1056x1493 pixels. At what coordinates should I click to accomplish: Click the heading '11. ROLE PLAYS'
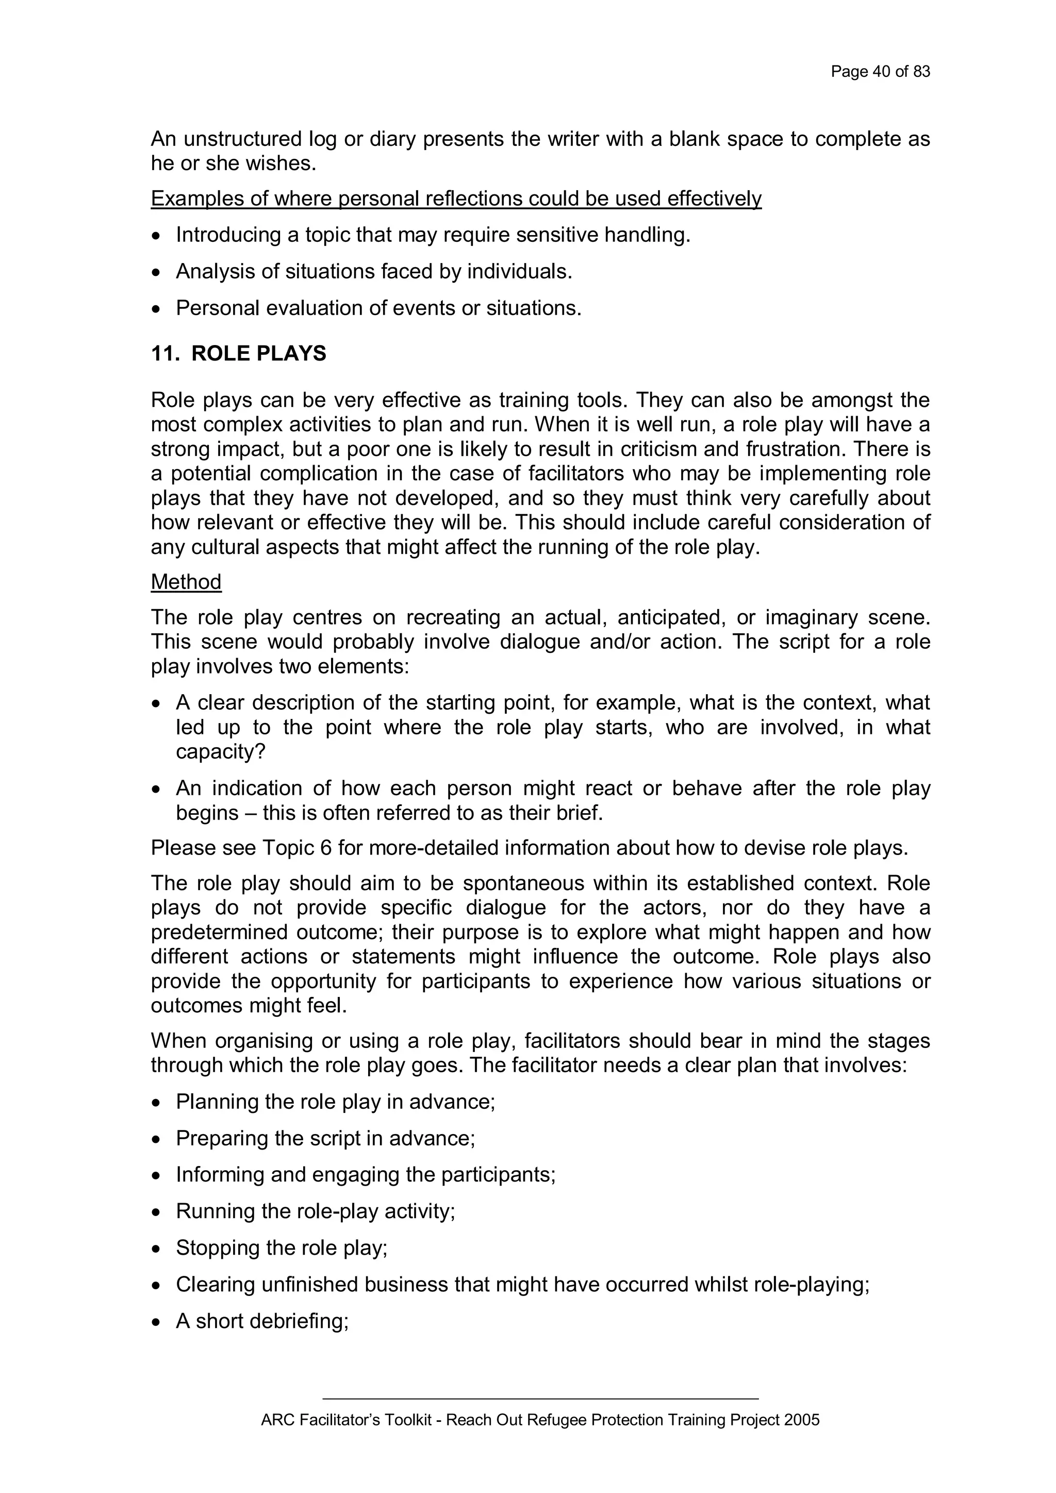[x=239, y=354]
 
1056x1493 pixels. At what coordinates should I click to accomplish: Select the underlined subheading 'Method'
[x=186, y=581]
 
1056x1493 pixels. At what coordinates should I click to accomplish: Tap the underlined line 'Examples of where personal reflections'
[x=456, y=199]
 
